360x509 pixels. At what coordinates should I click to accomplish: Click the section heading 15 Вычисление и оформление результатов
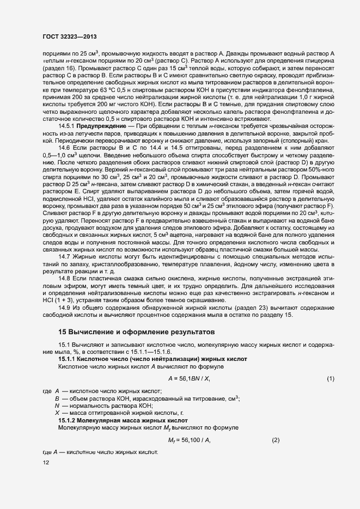[137, 332]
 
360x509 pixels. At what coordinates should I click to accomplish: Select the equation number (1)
[330, 378]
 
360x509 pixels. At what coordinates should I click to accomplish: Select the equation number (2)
[275, 440]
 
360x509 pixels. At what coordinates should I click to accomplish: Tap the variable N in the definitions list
[57, 406]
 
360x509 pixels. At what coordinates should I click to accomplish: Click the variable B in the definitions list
[57, 398]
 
